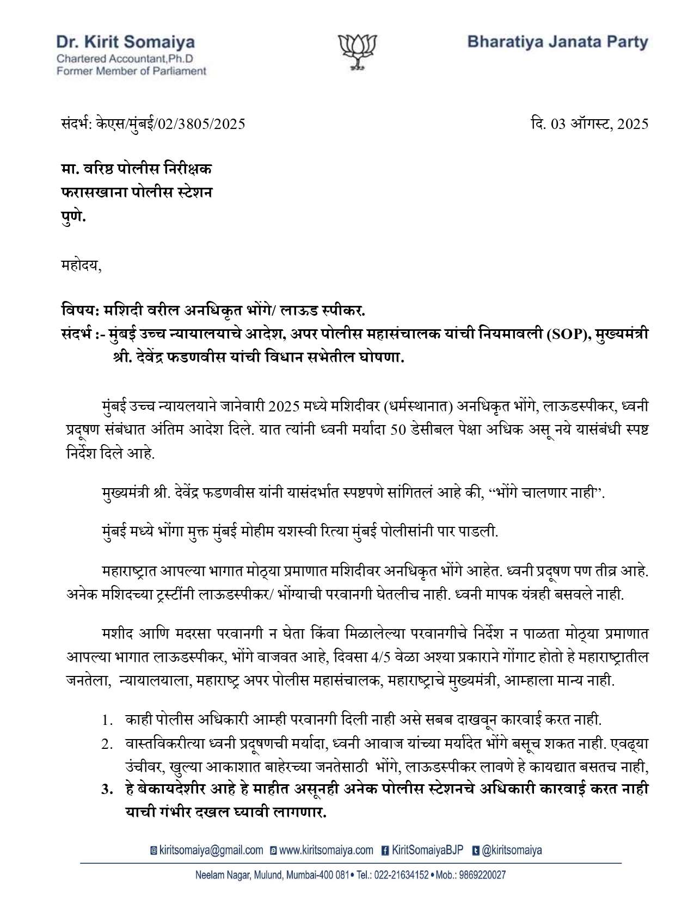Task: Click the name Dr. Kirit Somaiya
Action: point(125,42)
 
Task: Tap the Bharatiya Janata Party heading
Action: point(558,42)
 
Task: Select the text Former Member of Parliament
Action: point(132,71)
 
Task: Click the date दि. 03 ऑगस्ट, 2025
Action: point(589,124)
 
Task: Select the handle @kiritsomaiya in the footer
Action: point(512,851)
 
